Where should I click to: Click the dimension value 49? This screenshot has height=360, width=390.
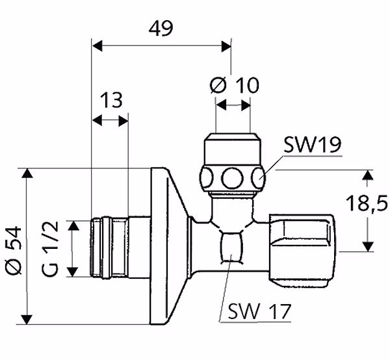coord(161,28)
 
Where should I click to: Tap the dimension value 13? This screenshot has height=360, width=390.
coord(111,100)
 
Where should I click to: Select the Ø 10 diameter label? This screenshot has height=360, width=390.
coord(234,85)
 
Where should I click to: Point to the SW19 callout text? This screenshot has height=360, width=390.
coord(313,145)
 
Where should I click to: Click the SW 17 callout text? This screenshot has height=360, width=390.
coord(259,311)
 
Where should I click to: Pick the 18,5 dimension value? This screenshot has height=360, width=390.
coord(367,203)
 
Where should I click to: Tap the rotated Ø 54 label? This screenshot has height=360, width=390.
coord(14,250)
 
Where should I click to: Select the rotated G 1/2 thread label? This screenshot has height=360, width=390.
coord(50,249)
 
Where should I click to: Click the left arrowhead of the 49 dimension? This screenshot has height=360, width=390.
coord(97,46)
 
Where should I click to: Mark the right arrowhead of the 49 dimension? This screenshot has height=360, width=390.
coord(226,46)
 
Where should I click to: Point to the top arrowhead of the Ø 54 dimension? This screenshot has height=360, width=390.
coord(27,173)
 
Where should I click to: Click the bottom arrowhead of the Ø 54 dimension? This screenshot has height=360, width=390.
coord(27,320)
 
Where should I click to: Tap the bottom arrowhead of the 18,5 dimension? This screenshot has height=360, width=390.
coord(369,247)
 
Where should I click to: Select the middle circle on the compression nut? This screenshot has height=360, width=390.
coord(232,179)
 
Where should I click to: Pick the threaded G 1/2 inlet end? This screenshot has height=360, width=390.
coord(110,248)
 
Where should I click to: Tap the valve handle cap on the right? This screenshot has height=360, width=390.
coord(304,251)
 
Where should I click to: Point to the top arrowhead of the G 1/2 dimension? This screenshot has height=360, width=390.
coord(73,225)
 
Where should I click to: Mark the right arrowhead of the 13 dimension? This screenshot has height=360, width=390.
coord(123,121)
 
